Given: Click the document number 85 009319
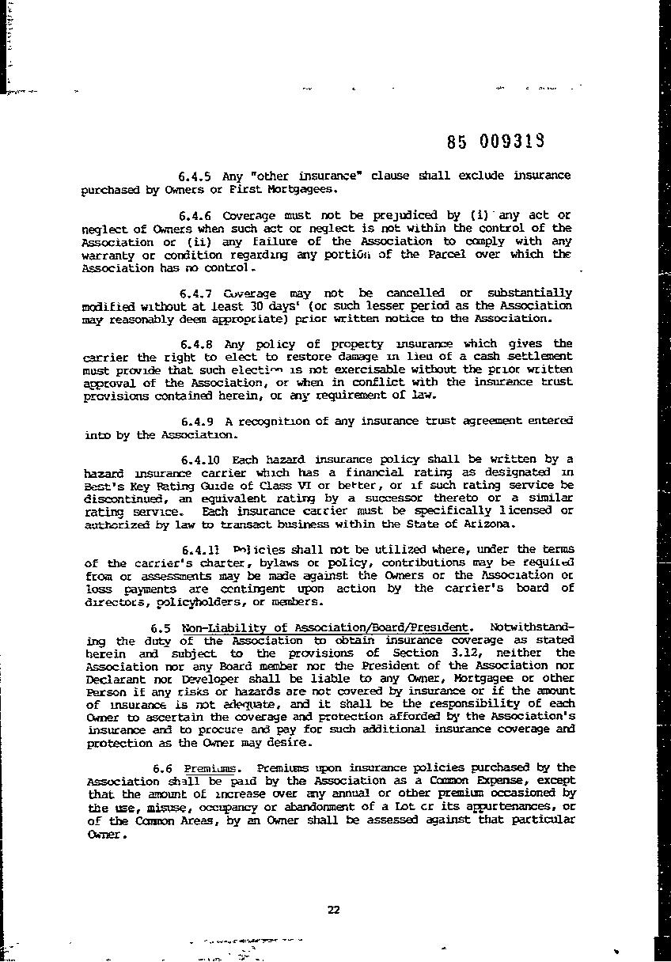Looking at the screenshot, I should click(x=494, y=142).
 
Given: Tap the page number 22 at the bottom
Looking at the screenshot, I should click(x=333, y=909).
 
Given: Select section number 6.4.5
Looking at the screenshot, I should click(x=195, y=175).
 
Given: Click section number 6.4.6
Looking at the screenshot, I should click(x=195, y=215).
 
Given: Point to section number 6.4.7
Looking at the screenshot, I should click(x=196, y=293).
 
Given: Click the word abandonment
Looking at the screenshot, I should click(x=309, y=806).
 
